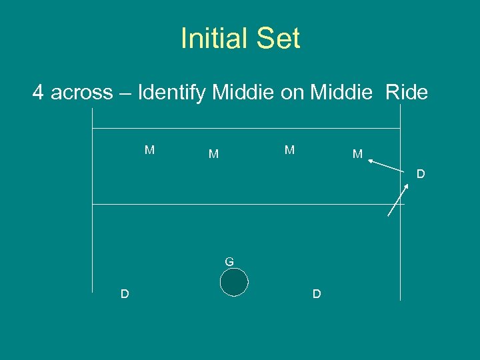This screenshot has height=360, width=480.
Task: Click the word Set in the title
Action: (280, 39)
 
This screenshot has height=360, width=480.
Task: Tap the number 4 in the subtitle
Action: (39, 92)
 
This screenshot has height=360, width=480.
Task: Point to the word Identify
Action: (172, 92)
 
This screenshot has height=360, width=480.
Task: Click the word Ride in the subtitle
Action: (407, 92)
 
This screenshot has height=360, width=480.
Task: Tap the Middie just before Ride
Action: (341, 92)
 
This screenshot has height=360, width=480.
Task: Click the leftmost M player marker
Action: (150, 150)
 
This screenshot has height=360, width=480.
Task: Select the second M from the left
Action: (213, 155)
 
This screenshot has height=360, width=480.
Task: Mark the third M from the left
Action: (289, 150)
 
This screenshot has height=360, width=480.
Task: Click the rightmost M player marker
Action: (357, 155)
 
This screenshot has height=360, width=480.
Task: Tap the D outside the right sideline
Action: (421, 175)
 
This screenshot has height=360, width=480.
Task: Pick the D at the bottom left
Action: (125, 294)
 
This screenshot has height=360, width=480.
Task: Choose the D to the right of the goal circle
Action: (317, 294)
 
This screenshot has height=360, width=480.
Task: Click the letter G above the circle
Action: (229, 262)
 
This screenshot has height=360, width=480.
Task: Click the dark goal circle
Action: (234, 282)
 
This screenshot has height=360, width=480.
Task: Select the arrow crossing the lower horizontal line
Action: (398, 201)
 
